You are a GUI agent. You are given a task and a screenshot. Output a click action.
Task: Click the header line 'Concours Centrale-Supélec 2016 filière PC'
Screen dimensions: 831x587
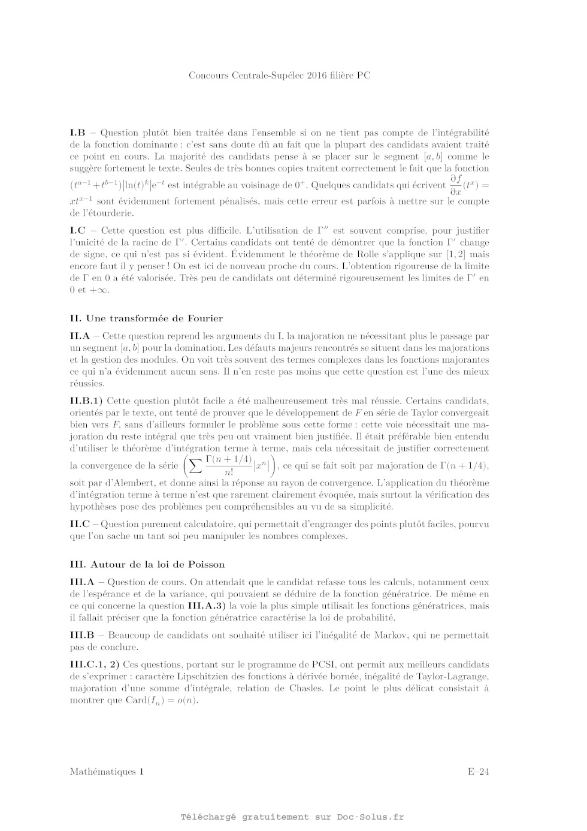279,76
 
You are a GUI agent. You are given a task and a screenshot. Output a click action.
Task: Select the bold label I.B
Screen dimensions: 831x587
78,133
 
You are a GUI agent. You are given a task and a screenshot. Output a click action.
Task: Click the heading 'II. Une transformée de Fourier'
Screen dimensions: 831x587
146,318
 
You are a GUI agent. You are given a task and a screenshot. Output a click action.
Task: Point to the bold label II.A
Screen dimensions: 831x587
80,336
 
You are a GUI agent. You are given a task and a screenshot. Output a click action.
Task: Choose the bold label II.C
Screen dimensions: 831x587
80,524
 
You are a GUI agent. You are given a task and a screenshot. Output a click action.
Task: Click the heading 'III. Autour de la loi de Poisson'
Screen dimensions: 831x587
147,564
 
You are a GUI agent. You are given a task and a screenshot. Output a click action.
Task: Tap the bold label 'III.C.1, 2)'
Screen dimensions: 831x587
95,664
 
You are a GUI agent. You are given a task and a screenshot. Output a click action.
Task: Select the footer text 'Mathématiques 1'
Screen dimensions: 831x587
107,772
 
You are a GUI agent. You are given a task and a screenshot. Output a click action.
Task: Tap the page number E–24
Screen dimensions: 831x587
479,772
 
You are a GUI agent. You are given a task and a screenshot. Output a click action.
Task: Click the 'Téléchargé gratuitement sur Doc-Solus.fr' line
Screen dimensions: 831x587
292,817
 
